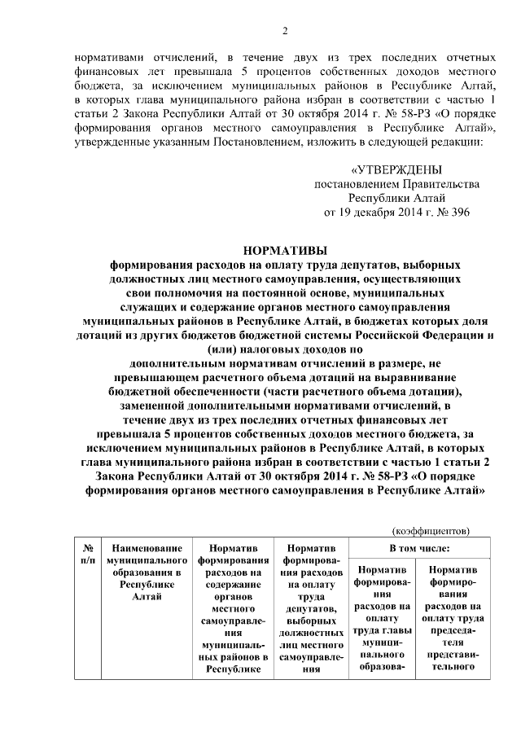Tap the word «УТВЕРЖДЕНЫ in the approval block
(396, 170)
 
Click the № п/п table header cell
(88, 555)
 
